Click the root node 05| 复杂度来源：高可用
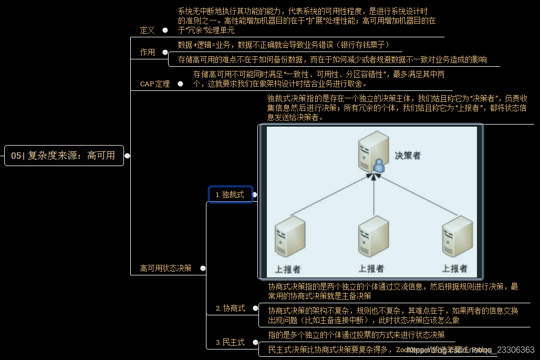coord(64,156)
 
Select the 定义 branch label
coord(148,30)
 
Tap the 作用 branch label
coord(148,52)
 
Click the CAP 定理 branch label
coord(155,84)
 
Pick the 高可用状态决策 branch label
coord(165,268)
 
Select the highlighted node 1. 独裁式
coord(230,194)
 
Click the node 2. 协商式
coord(231,308)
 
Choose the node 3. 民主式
coord(230,342)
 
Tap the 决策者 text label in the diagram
coord(408,156)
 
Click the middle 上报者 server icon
coord(372,239)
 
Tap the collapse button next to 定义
coord(165,30)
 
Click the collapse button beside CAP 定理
coord(180,84)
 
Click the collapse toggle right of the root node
coord(127,156)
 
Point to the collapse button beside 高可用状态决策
coord(203,268)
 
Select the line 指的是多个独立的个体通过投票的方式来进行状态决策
coord(356,335)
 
